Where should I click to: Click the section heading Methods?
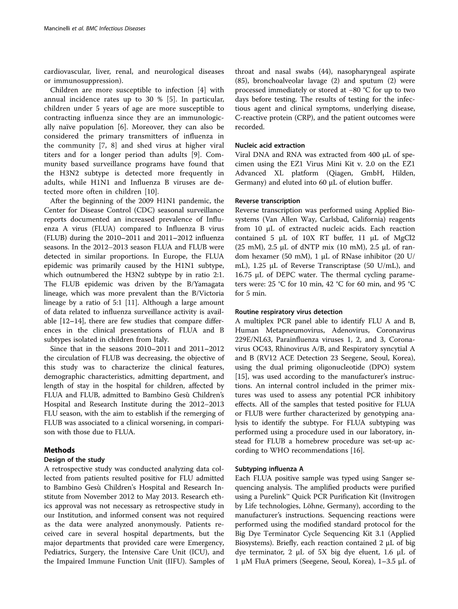tap(59, 450)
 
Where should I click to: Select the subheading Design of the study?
tap(74, 460)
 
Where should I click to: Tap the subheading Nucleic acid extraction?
tap(269, 146)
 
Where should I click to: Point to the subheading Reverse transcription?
tap(267, 201)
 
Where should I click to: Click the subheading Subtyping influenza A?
tap(269, 468)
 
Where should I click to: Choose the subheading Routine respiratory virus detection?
tap(288, 312)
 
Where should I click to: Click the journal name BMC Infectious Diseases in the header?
tap(116, 29)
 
